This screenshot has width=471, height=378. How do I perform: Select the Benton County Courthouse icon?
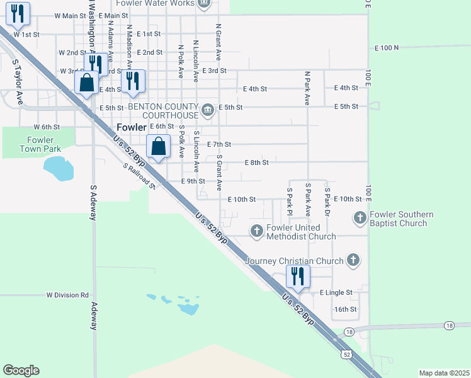click(208, 112)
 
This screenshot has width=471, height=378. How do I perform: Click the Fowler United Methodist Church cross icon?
click(256, 231)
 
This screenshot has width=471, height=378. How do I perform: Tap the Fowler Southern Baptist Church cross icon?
click(360, 218)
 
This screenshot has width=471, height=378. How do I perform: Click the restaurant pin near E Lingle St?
click(297, 277)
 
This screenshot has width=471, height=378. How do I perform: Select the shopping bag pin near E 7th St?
click(159, 147)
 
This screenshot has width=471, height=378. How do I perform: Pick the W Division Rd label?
click(67, 295)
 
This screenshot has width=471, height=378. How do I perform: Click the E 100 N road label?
click(387, 48)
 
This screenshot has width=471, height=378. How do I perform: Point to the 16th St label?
click(346, 309)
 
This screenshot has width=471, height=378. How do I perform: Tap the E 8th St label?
click(256, 163)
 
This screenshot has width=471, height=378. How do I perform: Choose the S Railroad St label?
click(139, 176)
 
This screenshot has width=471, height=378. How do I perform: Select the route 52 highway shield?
click(347, 355)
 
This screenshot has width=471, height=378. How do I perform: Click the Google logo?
click(21, 370)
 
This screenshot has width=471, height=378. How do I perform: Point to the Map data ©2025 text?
click(444, 373)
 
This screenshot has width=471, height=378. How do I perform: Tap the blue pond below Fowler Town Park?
click(58, 168)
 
